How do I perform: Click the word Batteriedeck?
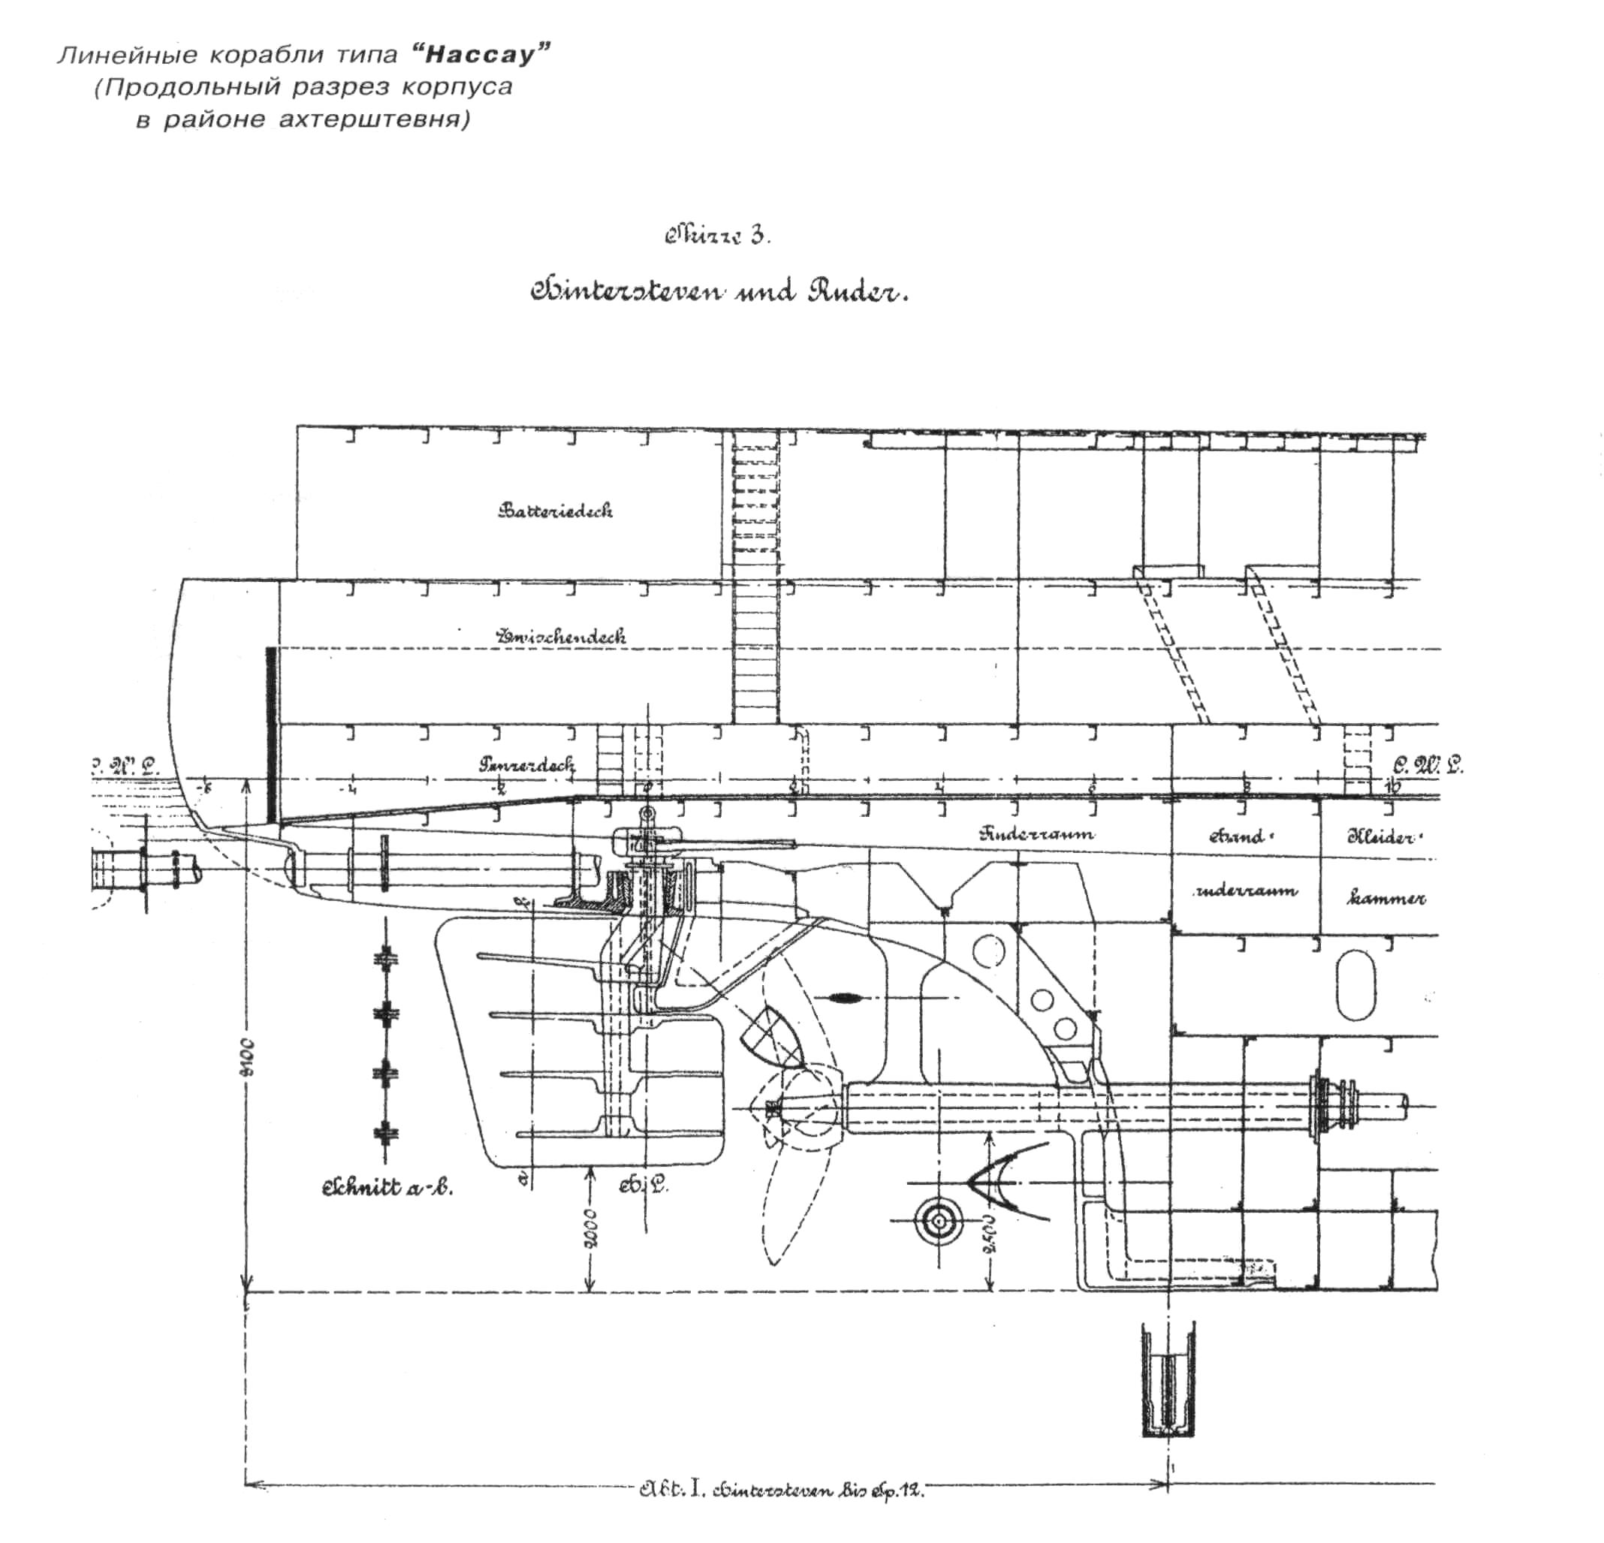click(x=555, y=511)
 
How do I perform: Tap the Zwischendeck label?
click(x=562, y=636)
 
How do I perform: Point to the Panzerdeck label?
click(x=526, y=765)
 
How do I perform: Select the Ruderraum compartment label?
click(x=1037, y=834)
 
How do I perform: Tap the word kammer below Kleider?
click(x=1385, y=898)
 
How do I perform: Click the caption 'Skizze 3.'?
click(x=717, y=237)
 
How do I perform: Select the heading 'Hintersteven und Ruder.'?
click(x=719, y=292)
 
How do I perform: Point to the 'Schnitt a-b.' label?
click(x=387, y=1187)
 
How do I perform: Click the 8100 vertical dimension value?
click(x=247, y=1058)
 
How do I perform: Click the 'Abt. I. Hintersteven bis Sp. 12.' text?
click(x=782, y=1490)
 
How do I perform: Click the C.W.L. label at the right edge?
click(x=1428, y=766)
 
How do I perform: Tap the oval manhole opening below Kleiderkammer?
click(x=1355, y=982)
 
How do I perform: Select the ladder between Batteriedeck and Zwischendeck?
click(x=755, y=577)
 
